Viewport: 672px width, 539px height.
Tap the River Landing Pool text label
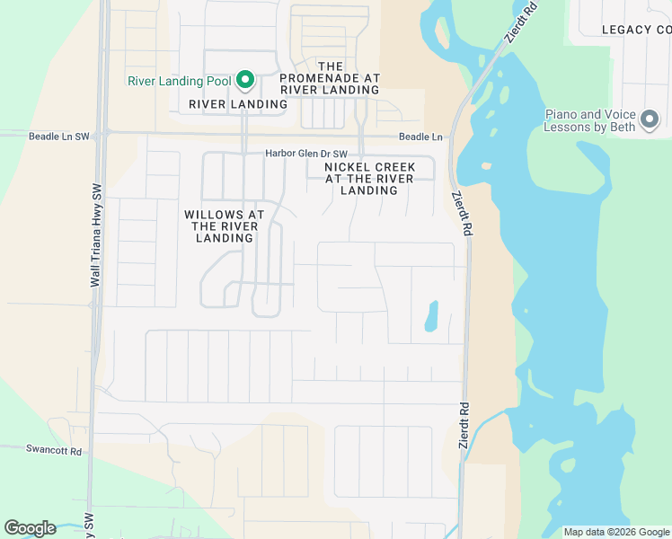click(x=180, y=81)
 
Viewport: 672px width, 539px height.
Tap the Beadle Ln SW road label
click(x=59, y=137)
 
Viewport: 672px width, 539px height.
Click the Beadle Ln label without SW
click(x=420, y=137)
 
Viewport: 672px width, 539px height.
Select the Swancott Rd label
click(x=54, y=451)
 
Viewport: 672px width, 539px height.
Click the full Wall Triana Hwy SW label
click(x=94, y=236)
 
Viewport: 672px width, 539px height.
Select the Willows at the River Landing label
click(x=224, y=226)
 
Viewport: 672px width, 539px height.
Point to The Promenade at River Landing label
click(x=331, y=78)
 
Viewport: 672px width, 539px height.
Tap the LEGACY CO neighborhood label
click(x=636, y=30)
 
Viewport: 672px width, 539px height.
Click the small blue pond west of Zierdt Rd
click(x=430, y=315)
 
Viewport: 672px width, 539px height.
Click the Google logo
click(x=30, y=528)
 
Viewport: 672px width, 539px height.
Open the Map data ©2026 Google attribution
click(x=616, y=532)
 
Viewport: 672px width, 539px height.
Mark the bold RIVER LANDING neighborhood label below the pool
click(x=238, y=104)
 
